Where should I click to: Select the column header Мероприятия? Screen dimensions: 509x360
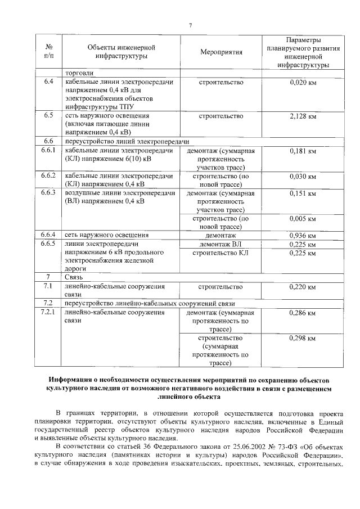pos(221,52)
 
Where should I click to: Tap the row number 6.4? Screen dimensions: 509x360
pos(48,83)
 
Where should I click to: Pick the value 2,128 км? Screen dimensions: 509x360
pos(303,116)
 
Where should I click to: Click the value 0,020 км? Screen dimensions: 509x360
pos(303,83)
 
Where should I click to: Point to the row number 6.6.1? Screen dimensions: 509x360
pos(48,151)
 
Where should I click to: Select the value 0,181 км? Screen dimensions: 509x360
pos(303,151)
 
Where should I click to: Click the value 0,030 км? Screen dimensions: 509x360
pos(303,176)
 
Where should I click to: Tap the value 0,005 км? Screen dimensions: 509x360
pos(303,218)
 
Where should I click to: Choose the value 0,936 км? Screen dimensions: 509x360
pos(303,235)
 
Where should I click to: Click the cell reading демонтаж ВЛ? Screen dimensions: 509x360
pos(221,244)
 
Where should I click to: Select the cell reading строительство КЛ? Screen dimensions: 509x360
pos(221,253)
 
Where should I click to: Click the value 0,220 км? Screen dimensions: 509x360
pos(303,287)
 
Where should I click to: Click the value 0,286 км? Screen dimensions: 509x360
pos(303,312)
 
